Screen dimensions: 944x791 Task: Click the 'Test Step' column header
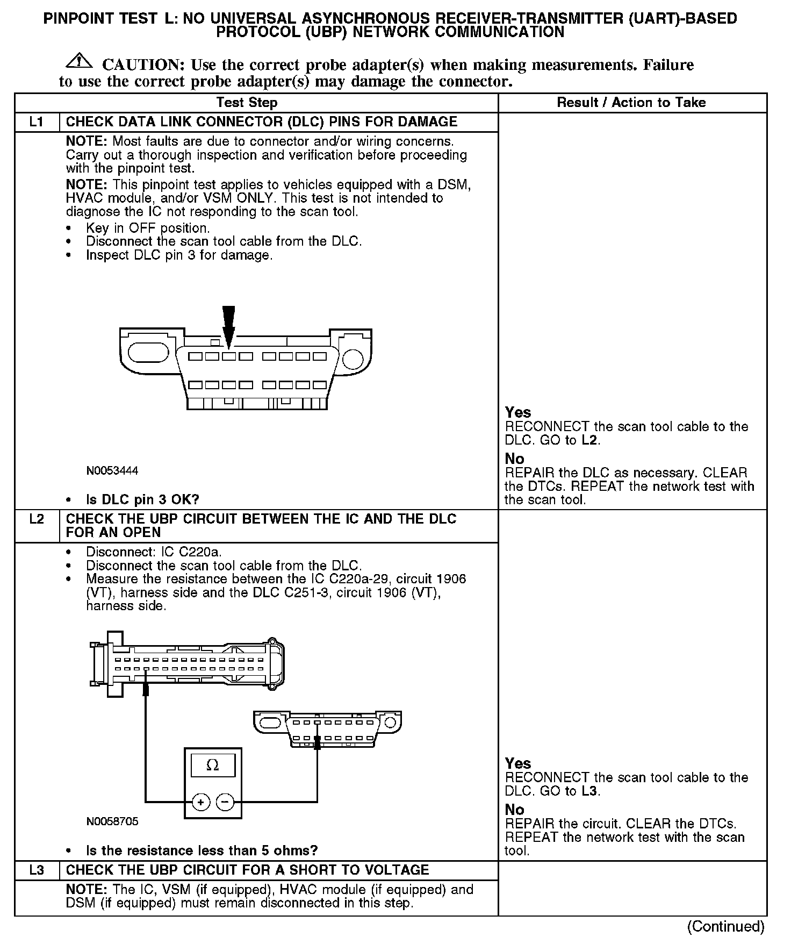pos(247,103)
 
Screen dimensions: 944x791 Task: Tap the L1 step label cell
pos(36,122)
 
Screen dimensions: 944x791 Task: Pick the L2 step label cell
pos(36,519)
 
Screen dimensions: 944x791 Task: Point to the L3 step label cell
pos(36,870)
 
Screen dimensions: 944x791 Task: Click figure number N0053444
pos(112,471)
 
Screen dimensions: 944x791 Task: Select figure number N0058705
pos(112,821)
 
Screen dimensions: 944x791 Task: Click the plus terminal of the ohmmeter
pos(201,803)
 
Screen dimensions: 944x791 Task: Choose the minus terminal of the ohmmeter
pos(225,803)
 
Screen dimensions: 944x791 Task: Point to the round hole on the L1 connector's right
pos(353,359)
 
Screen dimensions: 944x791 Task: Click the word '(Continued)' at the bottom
pos(725,926)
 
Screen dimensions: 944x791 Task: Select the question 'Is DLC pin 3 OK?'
pos(142,500)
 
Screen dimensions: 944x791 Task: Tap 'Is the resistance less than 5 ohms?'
pos(202,850)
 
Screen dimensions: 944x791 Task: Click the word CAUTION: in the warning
pos(143,65)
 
